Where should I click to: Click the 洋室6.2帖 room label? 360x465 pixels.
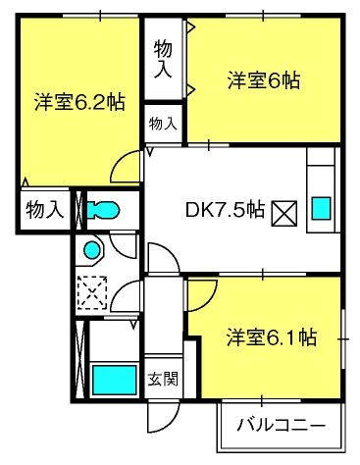pos(79,102)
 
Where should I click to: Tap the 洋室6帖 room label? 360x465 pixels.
pos(264,80)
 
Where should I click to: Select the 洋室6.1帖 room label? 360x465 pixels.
pos(272,337)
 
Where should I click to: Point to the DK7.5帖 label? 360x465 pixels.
pos(225,210)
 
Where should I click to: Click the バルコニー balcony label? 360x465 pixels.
pos(282,426)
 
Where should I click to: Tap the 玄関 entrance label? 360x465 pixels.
pos(163,379)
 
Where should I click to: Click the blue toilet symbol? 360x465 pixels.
pos(103,210)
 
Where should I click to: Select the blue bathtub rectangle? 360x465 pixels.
pos(115,380)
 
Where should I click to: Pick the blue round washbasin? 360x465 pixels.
pos(92,250)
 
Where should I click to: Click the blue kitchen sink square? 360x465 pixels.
pos(321,208)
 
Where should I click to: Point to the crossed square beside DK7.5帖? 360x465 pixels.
pos(284,214)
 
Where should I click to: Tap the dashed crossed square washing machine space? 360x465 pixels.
pos(92,293)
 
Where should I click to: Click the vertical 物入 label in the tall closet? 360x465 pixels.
pos(163,59)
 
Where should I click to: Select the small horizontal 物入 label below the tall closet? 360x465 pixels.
pos(163,125)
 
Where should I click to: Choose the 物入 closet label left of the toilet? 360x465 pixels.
pos(44,210)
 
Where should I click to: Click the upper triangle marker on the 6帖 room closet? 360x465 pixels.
pos(191,26)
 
